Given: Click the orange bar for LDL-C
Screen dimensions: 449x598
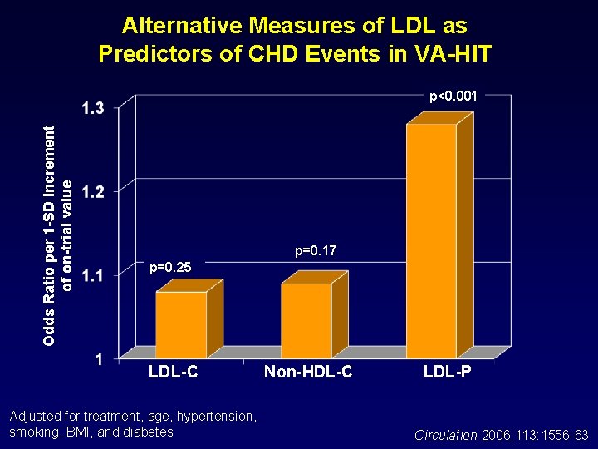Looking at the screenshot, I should [181, 324].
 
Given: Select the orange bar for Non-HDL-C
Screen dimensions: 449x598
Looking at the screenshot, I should [306, 320].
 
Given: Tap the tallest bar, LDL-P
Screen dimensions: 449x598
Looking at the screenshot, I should [431, 241].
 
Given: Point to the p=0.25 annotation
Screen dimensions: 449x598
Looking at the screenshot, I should [169, 267].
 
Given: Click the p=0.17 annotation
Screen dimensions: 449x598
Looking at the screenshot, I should [316, 250].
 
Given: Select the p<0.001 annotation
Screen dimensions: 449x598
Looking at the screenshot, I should [453, 96].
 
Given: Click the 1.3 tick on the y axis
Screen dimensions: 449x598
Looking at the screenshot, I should [94, 108].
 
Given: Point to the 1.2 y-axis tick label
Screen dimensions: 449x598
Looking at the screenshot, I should [94, 191].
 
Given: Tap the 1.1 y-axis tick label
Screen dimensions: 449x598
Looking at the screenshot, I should [94, 275].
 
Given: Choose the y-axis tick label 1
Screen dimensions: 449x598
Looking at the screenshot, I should [99, 359].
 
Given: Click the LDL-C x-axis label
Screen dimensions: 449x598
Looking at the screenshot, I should [173, 373].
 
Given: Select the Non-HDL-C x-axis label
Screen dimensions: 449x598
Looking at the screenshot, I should [308, 373].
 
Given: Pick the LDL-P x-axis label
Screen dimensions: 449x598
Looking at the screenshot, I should [447, 373].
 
